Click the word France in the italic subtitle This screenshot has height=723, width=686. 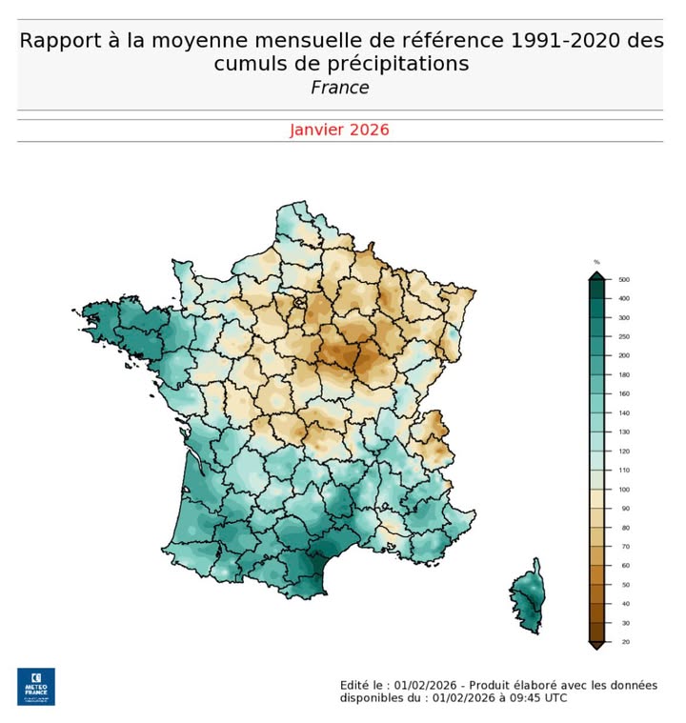click(x=340, y=88)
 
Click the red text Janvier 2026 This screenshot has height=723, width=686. click(x=340, y=130)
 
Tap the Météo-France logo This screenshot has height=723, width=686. click(x=36, y=686)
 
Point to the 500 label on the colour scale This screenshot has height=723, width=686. click(x=624, y=280)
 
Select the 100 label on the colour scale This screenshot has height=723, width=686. click(x=624, y=490)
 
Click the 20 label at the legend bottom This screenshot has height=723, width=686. click(x=623, y=642)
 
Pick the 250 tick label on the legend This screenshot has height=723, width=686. click(x=624, y=337)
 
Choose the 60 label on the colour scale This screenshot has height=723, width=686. click(x=623, y=566)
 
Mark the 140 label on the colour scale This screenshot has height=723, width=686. click(x=624, y=413)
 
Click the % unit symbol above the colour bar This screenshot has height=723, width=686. click(x=596, y=262)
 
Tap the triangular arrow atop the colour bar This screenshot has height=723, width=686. click(x=596, y=275)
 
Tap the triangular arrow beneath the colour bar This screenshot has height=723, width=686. click(x=596, y=646)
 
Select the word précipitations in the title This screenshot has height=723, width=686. click(x=389, y=64)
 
